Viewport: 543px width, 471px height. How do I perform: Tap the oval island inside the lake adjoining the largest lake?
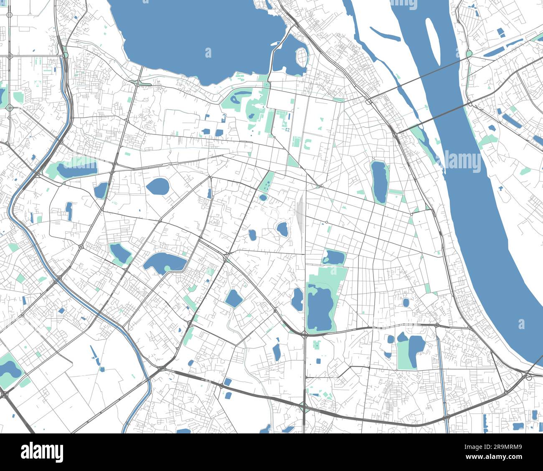pyautogui.click(x=302, y=55)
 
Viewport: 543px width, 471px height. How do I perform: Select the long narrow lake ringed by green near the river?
pyautogui.click(x=379, y=182)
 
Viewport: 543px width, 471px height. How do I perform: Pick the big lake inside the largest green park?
pyautogui.click(x=319, y=309)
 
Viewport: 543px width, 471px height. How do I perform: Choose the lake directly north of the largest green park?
pyautogui.click(x=333, y=257)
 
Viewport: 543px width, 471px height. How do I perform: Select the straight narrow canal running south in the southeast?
pyautogui.click(x=442, y=376)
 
